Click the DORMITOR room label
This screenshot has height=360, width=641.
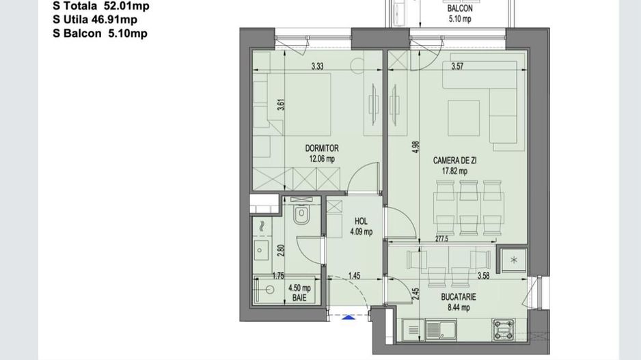pos(321,148)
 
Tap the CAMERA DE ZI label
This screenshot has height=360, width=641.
pos(454,161)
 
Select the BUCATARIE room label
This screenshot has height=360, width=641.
pos(458,297)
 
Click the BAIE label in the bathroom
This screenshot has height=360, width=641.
pos(299,299)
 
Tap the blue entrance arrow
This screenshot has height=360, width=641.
pos(349,316)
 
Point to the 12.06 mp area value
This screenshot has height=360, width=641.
pos(321,158)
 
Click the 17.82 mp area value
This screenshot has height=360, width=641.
pos(454,171)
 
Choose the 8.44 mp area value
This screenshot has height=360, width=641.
pos(458,307)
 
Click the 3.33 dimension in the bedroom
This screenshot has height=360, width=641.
pos(317,67)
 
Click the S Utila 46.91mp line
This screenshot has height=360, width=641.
pos(95,20)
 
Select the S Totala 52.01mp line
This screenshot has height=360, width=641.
pos(100,6)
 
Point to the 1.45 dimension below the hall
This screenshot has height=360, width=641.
pos(354,277)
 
